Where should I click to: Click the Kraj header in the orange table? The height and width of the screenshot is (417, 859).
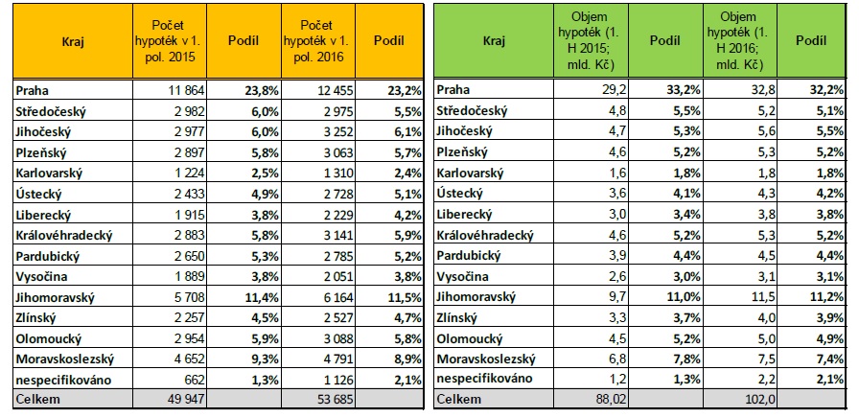[x=69, y=42]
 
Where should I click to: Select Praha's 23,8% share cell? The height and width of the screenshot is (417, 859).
[x=251, y=90]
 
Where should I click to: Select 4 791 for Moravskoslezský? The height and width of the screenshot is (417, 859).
[x=322, y=359]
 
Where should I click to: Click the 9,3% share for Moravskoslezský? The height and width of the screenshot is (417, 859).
[x=253, y=359]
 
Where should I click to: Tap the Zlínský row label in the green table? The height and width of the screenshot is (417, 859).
[x=460, y=317]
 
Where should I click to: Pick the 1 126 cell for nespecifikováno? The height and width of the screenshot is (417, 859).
[x=322, y=379]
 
